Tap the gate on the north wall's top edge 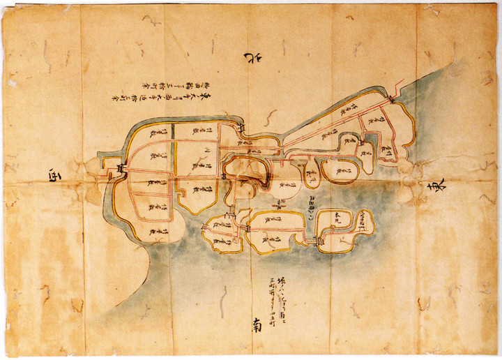coord(241,130)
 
